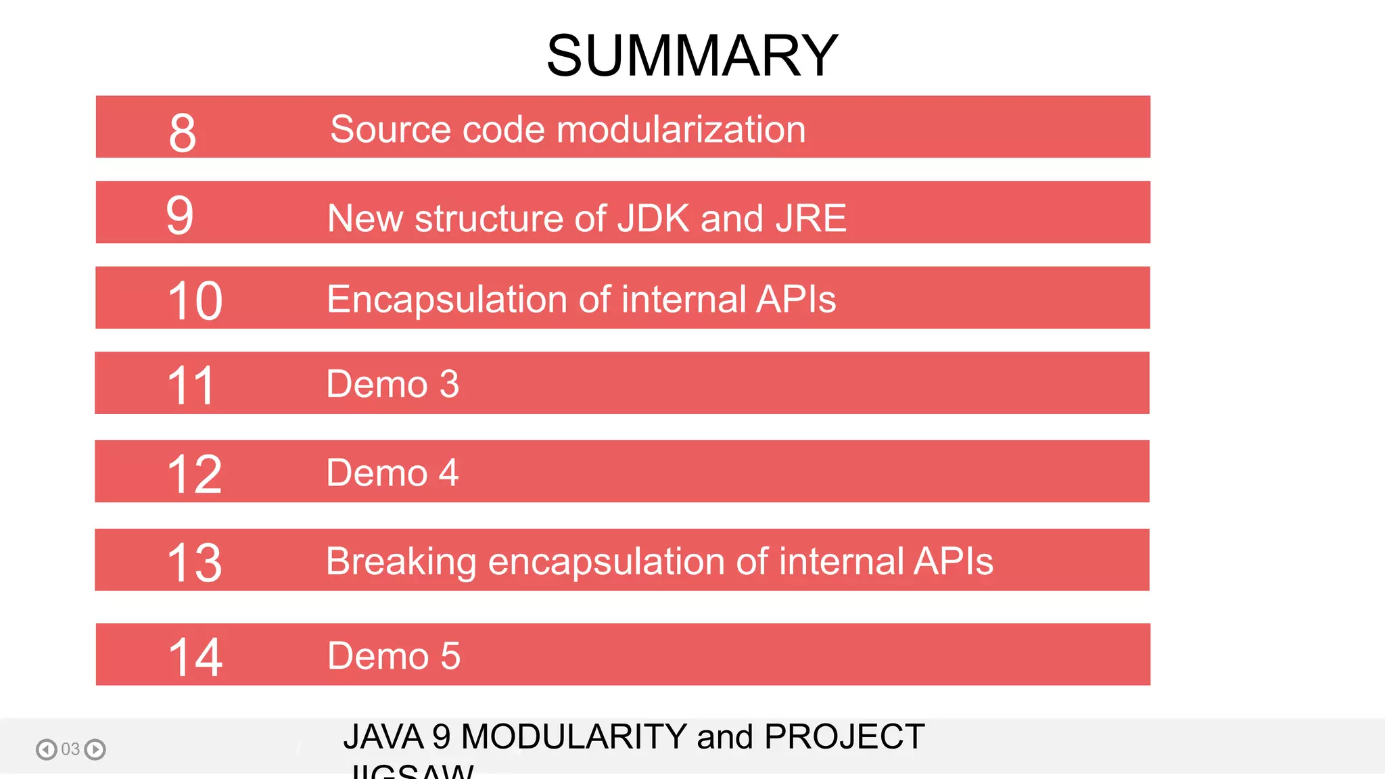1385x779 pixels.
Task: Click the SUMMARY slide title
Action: coord(692,55)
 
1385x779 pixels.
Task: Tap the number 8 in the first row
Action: coord(183,133)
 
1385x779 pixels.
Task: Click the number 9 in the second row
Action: coord(180,216)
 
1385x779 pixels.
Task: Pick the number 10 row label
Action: coord(195,301)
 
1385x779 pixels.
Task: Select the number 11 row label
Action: coord(191,386)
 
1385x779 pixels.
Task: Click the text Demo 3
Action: coord(392,384)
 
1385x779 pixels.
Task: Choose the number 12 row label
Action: coord(194,475)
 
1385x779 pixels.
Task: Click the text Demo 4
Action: coord(392,473)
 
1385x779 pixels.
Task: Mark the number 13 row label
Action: coord(194,563)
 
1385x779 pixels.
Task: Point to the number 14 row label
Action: coord(195,657)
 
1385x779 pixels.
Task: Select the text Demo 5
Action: coord(394,656)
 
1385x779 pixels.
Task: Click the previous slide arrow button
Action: coord(46,749)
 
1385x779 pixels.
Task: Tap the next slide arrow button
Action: coord(95,749)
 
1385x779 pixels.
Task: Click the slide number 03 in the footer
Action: coord(70,749)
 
